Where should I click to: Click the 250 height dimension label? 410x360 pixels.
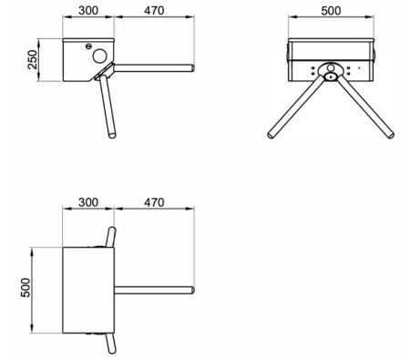(x=32, y=60)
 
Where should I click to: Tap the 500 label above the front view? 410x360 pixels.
(x=331, y=11)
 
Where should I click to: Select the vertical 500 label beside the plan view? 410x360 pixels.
(x=26, y=287)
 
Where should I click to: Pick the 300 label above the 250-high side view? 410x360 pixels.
(x=88, y=11)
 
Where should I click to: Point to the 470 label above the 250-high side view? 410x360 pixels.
(x=154, y=11)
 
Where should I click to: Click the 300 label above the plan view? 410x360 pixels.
(x=88, y=202)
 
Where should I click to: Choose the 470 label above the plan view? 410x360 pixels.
(x=154, y=202)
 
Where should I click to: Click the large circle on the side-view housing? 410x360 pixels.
(x=100, y=56)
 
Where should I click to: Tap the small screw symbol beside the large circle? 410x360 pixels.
(x=88, y=46)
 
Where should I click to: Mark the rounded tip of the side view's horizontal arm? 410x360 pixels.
(x=192, y=68)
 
